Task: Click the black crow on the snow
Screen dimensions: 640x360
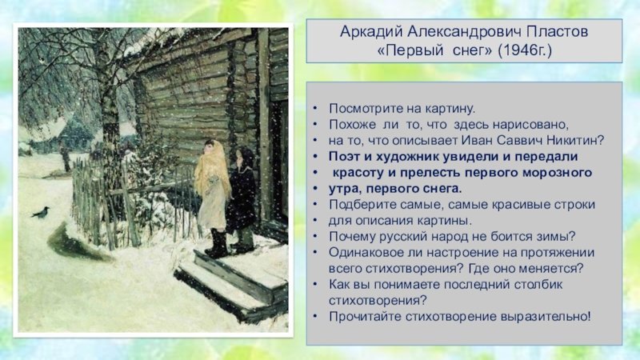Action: [41, 213]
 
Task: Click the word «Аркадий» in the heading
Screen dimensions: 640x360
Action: [371, 32]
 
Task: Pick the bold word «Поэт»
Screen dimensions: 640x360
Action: [344, 156]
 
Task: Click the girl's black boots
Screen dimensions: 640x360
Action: [217, 244]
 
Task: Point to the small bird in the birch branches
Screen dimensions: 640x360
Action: [42, 61]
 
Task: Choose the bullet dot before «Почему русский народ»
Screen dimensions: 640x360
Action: [314, 236]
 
